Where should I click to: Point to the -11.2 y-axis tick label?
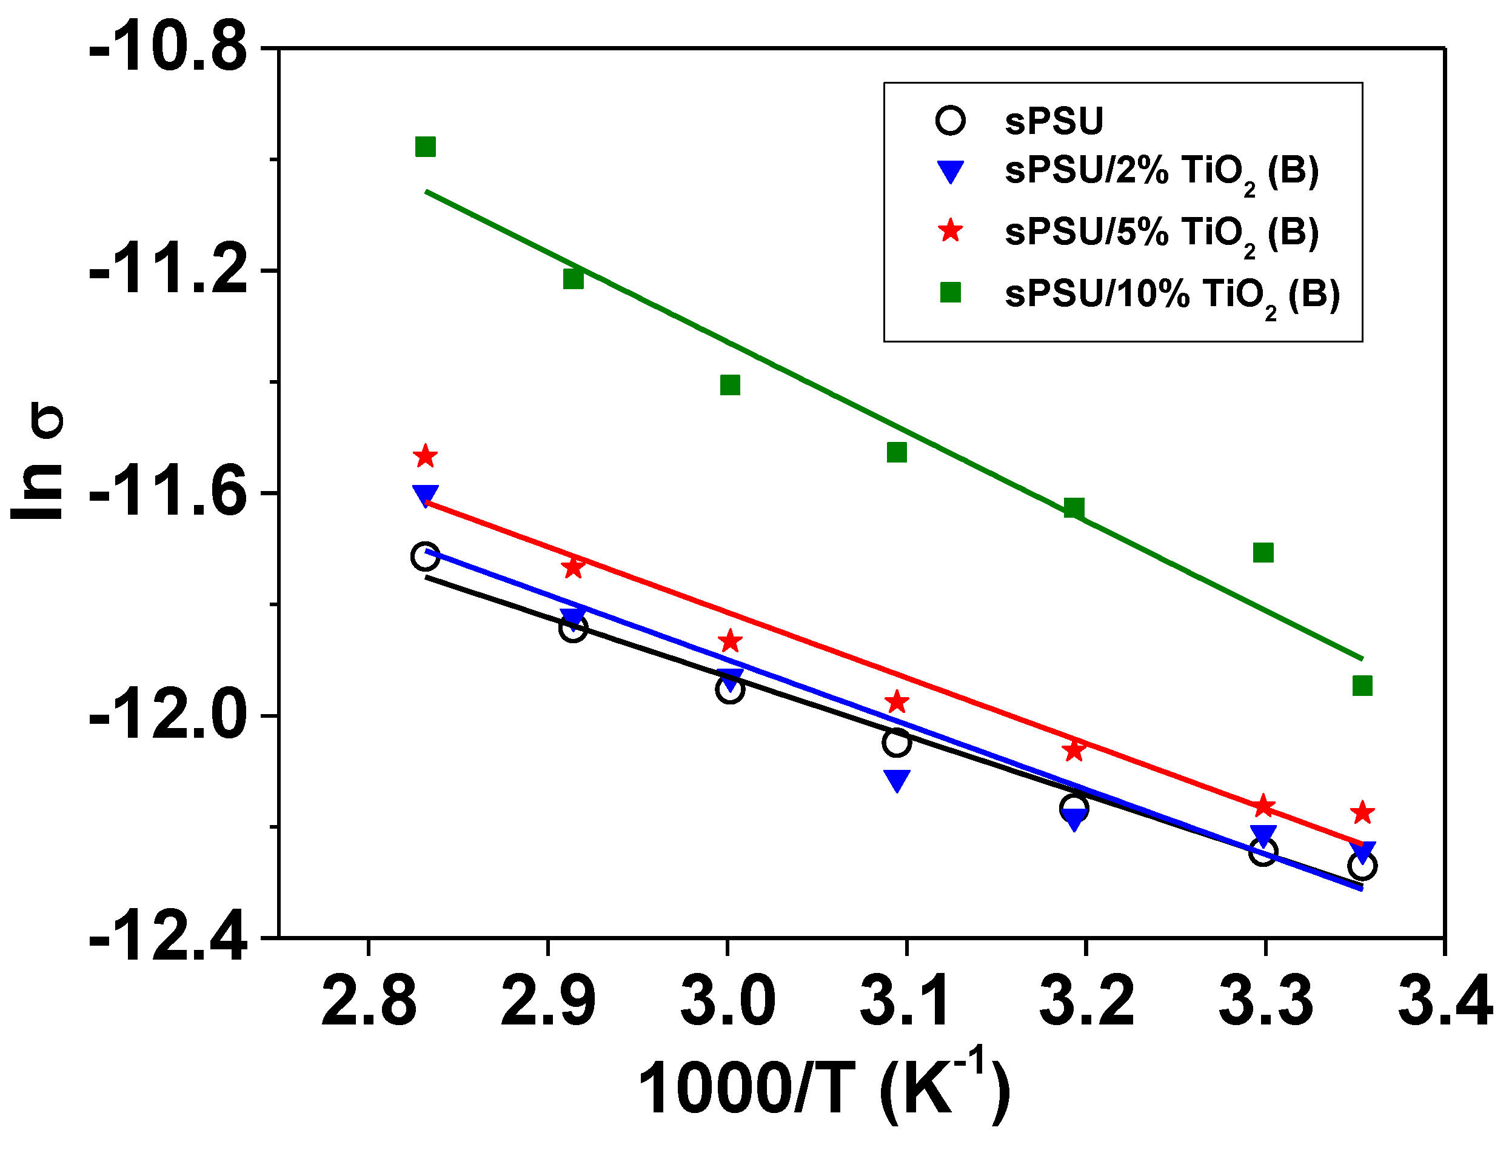point(168,271)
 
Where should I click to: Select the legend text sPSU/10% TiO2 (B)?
point(1172,295)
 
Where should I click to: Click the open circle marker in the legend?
point(951,120)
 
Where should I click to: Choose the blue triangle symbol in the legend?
point(951,171)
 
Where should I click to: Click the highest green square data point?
point(426,147)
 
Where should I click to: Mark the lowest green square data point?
point(1362,686)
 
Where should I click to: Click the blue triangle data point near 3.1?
point(897,780)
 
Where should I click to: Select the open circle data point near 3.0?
point(730,689)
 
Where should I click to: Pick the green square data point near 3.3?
point(1263,552)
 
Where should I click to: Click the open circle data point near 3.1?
point(897,743)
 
